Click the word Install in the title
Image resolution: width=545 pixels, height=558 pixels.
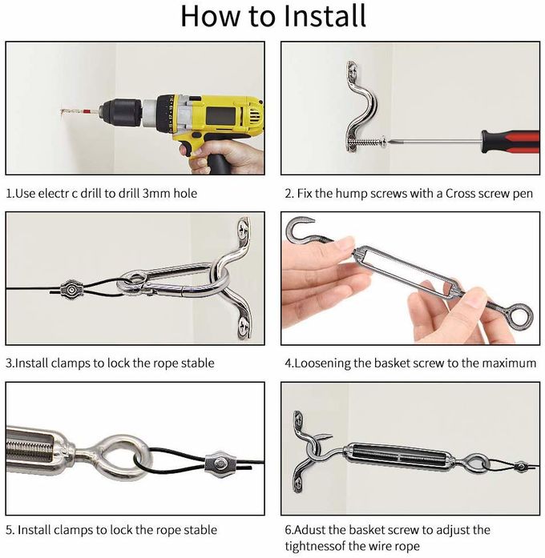click(x=325, y=16)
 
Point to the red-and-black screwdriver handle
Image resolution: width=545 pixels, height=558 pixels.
click(x=510, y=142)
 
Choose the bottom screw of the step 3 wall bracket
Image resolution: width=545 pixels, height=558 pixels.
click(x=244, y=324)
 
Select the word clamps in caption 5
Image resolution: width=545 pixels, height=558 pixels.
click(x=71, y=530)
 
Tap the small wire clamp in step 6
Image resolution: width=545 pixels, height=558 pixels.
click(x=521, y=466)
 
